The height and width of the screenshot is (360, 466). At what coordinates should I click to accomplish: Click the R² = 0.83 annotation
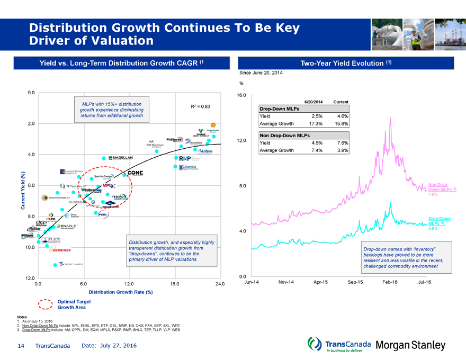(x=200, y=106)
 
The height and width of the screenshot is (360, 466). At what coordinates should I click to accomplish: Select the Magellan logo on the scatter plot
(x=121, y=158)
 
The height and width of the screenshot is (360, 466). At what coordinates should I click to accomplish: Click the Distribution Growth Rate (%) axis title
(x=121, y=292)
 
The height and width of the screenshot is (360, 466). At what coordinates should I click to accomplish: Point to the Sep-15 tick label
(x=355, y=282)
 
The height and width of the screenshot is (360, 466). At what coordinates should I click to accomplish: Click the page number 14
(x=21, y=345)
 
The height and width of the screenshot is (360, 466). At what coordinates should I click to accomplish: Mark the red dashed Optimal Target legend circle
(x=46, y=304)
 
